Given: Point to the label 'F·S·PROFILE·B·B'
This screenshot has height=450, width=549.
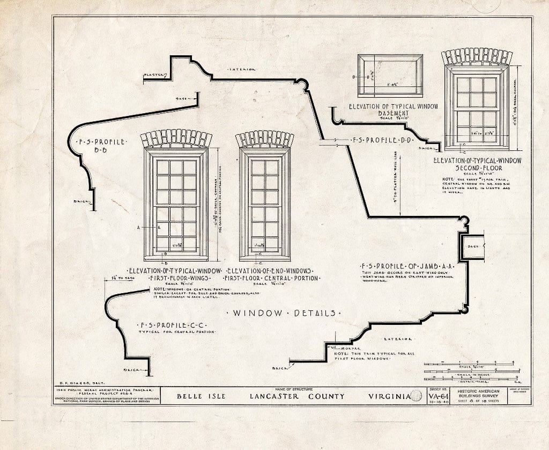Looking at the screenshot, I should click(x=102, y=146).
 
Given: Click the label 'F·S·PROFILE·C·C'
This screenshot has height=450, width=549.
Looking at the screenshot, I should click(x=173, y=325).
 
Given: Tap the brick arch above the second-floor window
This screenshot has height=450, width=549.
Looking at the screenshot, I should click(x=476, y=56).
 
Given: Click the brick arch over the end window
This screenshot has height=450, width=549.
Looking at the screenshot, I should click(x=264, y=139).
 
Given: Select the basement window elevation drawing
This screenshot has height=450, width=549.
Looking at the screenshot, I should click(x=390, y=76).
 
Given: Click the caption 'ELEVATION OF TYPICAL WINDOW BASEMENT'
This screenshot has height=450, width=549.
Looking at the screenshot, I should click(x=393, y=110).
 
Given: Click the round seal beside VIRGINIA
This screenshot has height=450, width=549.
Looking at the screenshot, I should click(x=416, y=397).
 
